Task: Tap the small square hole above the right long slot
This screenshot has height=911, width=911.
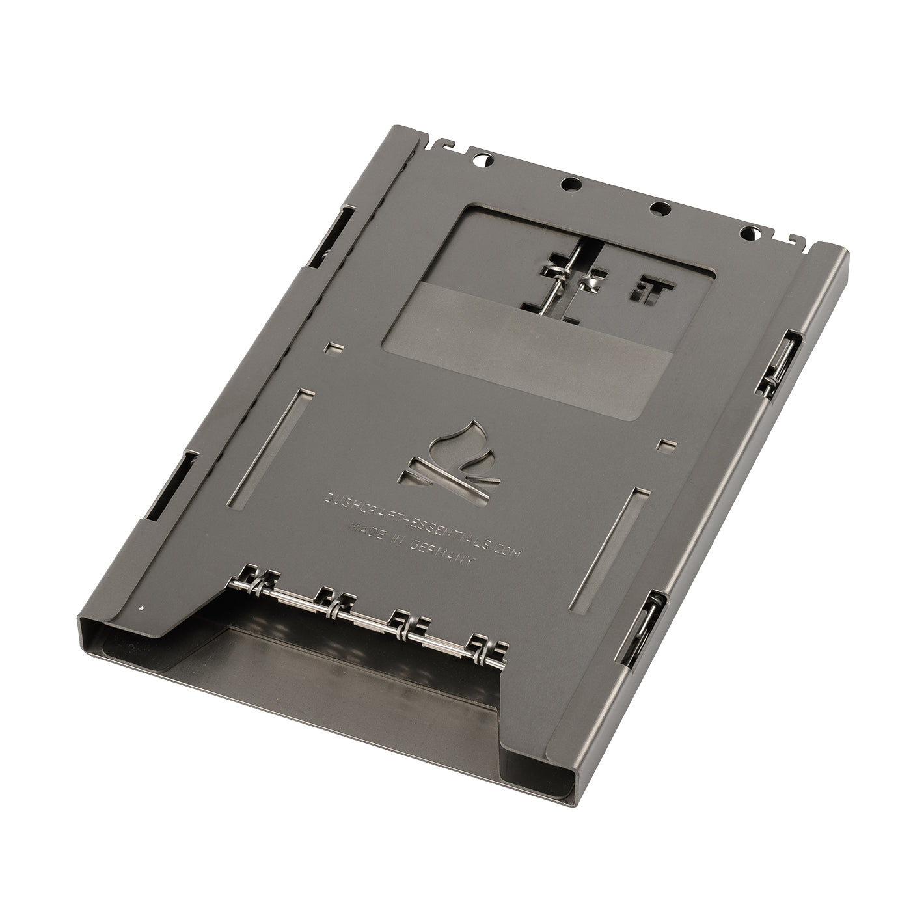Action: (x=664, y=445)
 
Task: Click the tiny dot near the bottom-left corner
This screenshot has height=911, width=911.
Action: (x=142, y=608)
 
